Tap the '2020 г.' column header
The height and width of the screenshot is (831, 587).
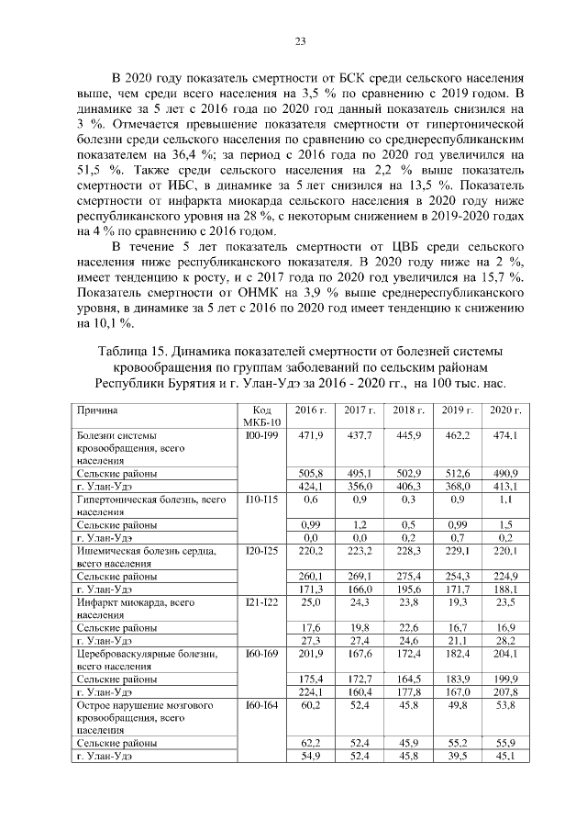coord(505,410)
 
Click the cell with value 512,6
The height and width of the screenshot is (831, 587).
coord(456,473)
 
